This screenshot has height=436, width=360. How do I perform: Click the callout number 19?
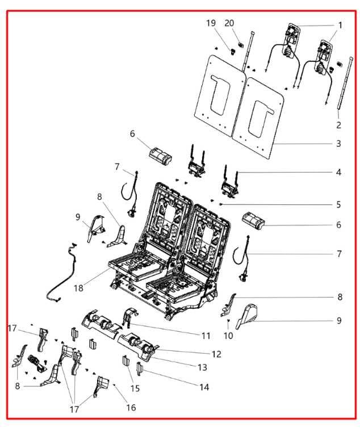[211, 23]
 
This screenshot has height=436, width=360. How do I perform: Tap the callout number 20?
[229, 23]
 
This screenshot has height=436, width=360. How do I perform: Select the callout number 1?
[340, 26]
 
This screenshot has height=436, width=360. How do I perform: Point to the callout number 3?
[338, 144]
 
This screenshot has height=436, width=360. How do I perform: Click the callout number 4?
[338, 172]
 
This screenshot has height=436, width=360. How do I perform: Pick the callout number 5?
[338, 204]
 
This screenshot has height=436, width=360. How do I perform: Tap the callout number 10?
[228, 336]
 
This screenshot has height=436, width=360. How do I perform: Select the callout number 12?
[216, 354]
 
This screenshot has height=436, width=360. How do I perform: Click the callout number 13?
[202, 367]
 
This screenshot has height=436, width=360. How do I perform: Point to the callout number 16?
[131, 408]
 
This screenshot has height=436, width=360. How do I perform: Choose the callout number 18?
[78, 288]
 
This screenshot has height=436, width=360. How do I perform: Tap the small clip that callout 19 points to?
[232, 51]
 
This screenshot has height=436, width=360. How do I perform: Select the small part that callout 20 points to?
[241, 44]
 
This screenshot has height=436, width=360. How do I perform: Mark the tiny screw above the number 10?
[228, 321]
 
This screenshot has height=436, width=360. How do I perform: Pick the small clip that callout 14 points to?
[139, 368]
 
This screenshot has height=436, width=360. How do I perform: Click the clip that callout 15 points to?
[125, 360]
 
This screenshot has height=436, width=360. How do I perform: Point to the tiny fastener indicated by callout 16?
[114, 385]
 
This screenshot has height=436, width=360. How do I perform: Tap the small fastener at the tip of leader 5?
[221, 204]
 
